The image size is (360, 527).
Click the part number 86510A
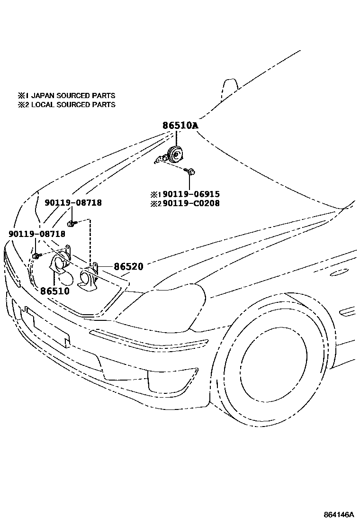(x=180, y=126)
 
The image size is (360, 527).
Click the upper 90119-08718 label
(x=73, y=203)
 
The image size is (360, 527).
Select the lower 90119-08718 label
(x=37, y=234)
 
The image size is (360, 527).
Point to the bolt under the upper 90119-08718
(x=71, y=223)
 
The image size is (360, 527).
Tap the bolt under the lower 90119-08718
(x=36, y=256)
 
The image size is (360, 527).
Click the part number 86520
(x=128, y=267)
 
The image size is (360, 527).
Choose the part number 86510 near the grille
(x=54, y=291)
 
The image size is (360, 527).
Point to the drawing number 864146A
(x=339, y=515)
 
